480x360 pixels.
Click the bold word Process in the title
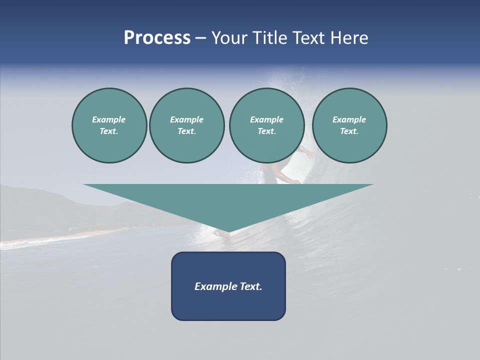point(157,38)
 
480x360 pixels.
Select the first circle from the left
point(109,125)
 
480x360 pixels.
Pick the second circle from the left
point(187,125)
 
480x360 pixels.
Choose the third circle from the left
point(266,125)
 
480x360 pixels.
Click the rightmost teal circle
point(349,125)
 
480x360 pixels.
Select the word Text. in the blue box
point(251,286)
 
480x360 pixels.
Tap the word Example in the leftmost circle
point(109,119)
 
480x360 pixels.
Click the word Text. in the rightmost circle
point(349,131)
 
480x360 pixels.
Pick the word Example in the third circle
point(266,119)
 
